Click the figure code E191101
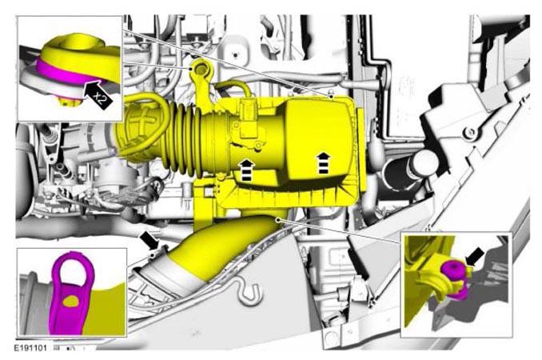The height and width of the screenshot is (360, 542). pos(30,348)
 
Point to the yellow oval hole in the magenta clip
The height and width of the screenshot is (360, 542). pos(72,302)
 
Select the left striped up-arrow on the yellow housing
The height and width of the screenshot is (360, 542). pos(247,170)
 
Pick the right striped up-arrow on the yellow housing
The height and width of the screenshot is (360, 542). pos(323,162)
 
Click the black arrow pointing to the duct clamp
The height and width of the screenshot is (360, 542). pos(150,240)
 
